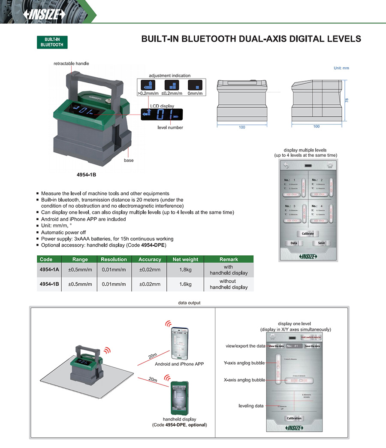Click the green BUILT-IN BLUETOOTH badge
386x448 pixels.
(x=52, y=42)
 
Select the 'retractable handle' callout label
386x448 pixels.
(x=71, y=64)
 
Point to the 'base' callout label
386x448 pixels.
(x=129, y=160)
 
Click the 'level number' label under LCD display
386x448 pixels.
(x=170, y=127)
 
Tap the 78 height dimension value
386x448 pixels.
(x=347, y=100)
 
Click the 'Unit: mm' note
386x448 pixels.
(x=341, y=68)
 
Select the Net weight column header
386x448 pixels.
(x=185, y=259)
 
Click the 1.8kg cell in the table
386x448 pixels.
(x=185, y=270)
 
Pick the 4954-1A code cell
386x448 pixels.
(x=49, y=270)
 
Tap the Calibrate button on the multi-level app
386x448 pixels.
(x=308, y=233)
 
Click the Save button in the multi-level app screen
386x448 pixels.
(x=321, y=243)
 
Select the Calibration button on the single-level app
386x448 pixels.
(x=294, y=418)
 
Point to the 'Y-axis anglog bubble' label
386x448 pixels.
(x=244, y=363)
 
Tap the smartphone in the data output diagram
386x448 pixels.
(x=179, y=344)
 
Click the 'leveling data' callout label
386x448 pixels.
(x=251, y=406)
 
